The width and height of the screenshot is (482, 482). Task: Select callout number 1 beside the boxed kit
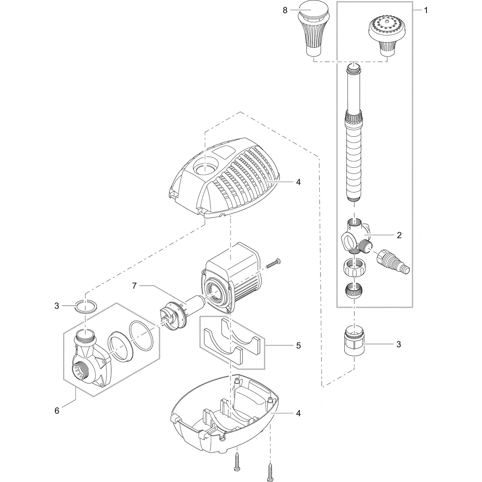coord(425,10)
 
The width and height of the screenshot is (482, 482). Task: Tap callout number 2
coord(399,235)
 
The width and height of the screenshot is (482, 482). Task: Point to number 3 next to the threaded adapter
coord(399,344)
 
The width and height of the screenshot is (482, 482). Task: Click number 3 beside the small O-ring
coord(57,306)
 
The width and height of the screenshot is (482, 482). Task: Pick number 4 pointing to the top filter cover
coord(298,182)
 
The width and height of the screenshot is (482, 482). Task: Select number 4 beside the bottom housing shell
coord(298,413)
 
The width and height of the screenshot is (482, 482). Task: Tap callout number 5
coord(298,345)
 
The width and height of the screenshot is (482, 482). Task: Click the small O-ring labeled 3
coord(86,306)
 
